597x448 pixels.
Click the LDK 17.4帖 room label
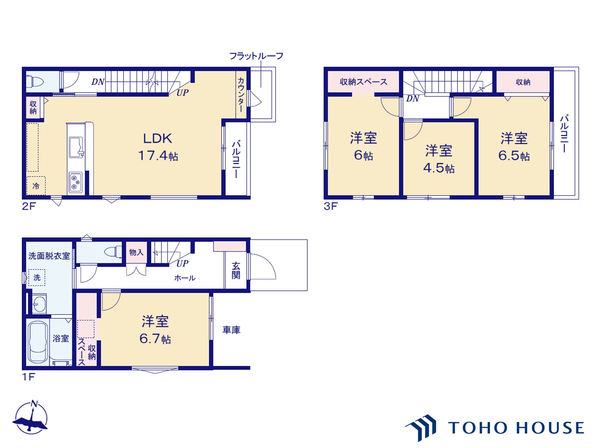pos(158,147)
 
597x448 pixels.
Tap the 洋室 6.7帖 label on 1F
pos(155,330)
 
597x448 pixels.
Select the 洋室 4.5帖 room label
pos(439,159)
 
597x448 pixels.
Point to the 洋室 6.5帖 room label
pos(514,147)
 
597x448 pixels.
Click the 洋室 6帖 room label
pos(363,146)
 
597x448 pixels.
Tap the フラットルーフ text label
pos(256,56)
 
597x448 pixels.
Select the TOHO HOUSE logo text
pos(516,428)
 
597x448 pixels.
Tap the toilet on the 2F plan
pos(35,82)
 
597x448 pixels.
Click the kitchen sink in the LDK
pos(76,147)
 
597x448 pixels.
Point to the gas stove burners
pos(75,183)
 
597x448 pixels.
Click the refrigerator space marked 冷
pos(36,186)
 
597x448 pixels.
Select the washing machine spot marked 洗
pos(37,277)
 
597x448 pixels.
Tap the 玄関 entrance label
pos(236,270)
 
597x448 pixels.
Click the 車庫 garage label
pos(231,330)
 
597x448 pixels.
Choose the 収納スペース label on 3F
pos(363,82)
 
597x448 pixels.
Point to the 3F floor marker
pos(331,206)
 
